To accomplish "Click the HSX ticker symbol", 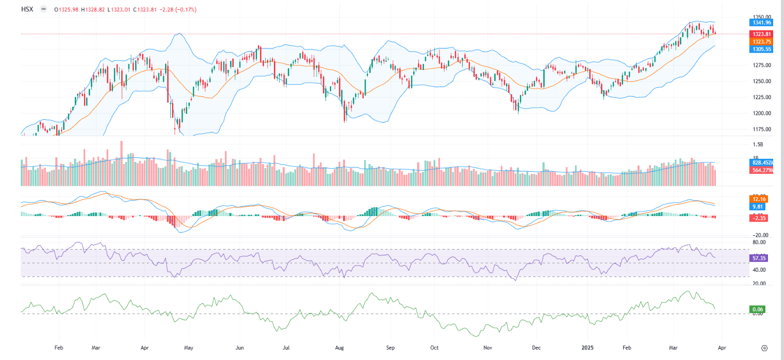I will pyautogui.click(x=27, y=9).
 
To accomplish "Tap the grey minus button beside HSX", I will pyautogui.click(x=43, y=9).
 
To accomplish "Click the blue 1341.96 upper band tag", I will pyautogui.click(x=761, y=22).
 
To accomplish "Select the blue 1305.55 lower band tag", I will pyautogui.click(x=761, y=49).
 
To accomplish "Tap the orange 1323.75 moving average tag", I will pyautogui.click(x=761, y=41).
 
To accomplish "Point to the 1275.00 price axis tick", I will pyautogui.click(x=761, y=65).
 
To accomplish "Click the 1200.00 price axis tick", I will pyautogui.click(x=761, y=113).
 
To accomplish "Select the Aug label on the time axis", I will pyautogui.click(x=339, y=348).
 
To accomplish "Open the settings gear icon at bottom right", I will pyautogui.click(x=764, y=348).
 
